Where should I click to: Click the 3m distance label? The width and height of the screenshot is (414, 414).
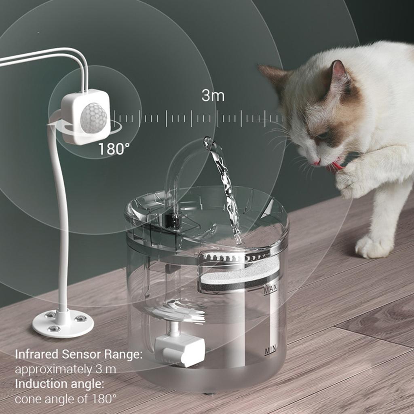click(x=213, y=96)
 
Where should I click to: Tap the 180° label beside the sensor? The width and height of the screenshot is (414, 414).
click(x=114, y=149)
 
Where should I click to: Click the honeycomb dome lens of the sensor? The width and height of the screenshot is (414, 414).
click(x=94, y=118)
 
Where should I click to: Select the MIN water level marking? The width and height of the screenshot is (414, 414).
click(x=270, y=351)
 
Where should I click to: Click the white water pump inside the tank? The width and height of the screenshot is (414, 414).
click(x=180, y=348)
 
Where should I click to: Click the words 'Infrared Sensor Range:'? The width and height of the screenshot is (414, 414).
click(x=79, y=355)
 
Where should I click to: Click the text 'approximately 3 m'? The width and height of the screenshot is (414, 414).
click(x=65, y=369)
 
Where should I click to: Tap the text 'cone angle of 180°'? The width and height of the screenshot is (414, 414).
click(x=65, y=399)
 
